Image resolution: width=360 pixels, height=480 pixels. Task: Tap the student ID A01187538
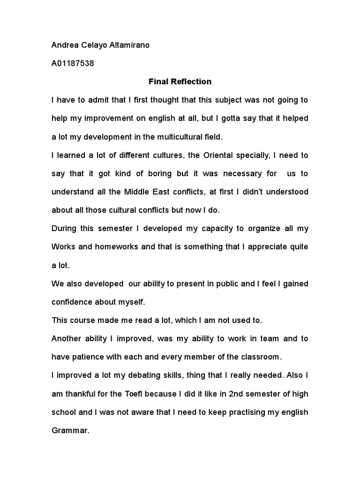[73, 63]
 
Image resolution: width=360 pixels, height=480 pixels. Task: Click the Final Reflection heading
[180, 82]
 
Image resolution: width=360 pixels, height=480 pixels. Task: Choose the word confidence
[73, 302]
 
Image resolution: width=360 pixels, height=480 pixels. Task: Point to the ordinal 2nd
[238, 394]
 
